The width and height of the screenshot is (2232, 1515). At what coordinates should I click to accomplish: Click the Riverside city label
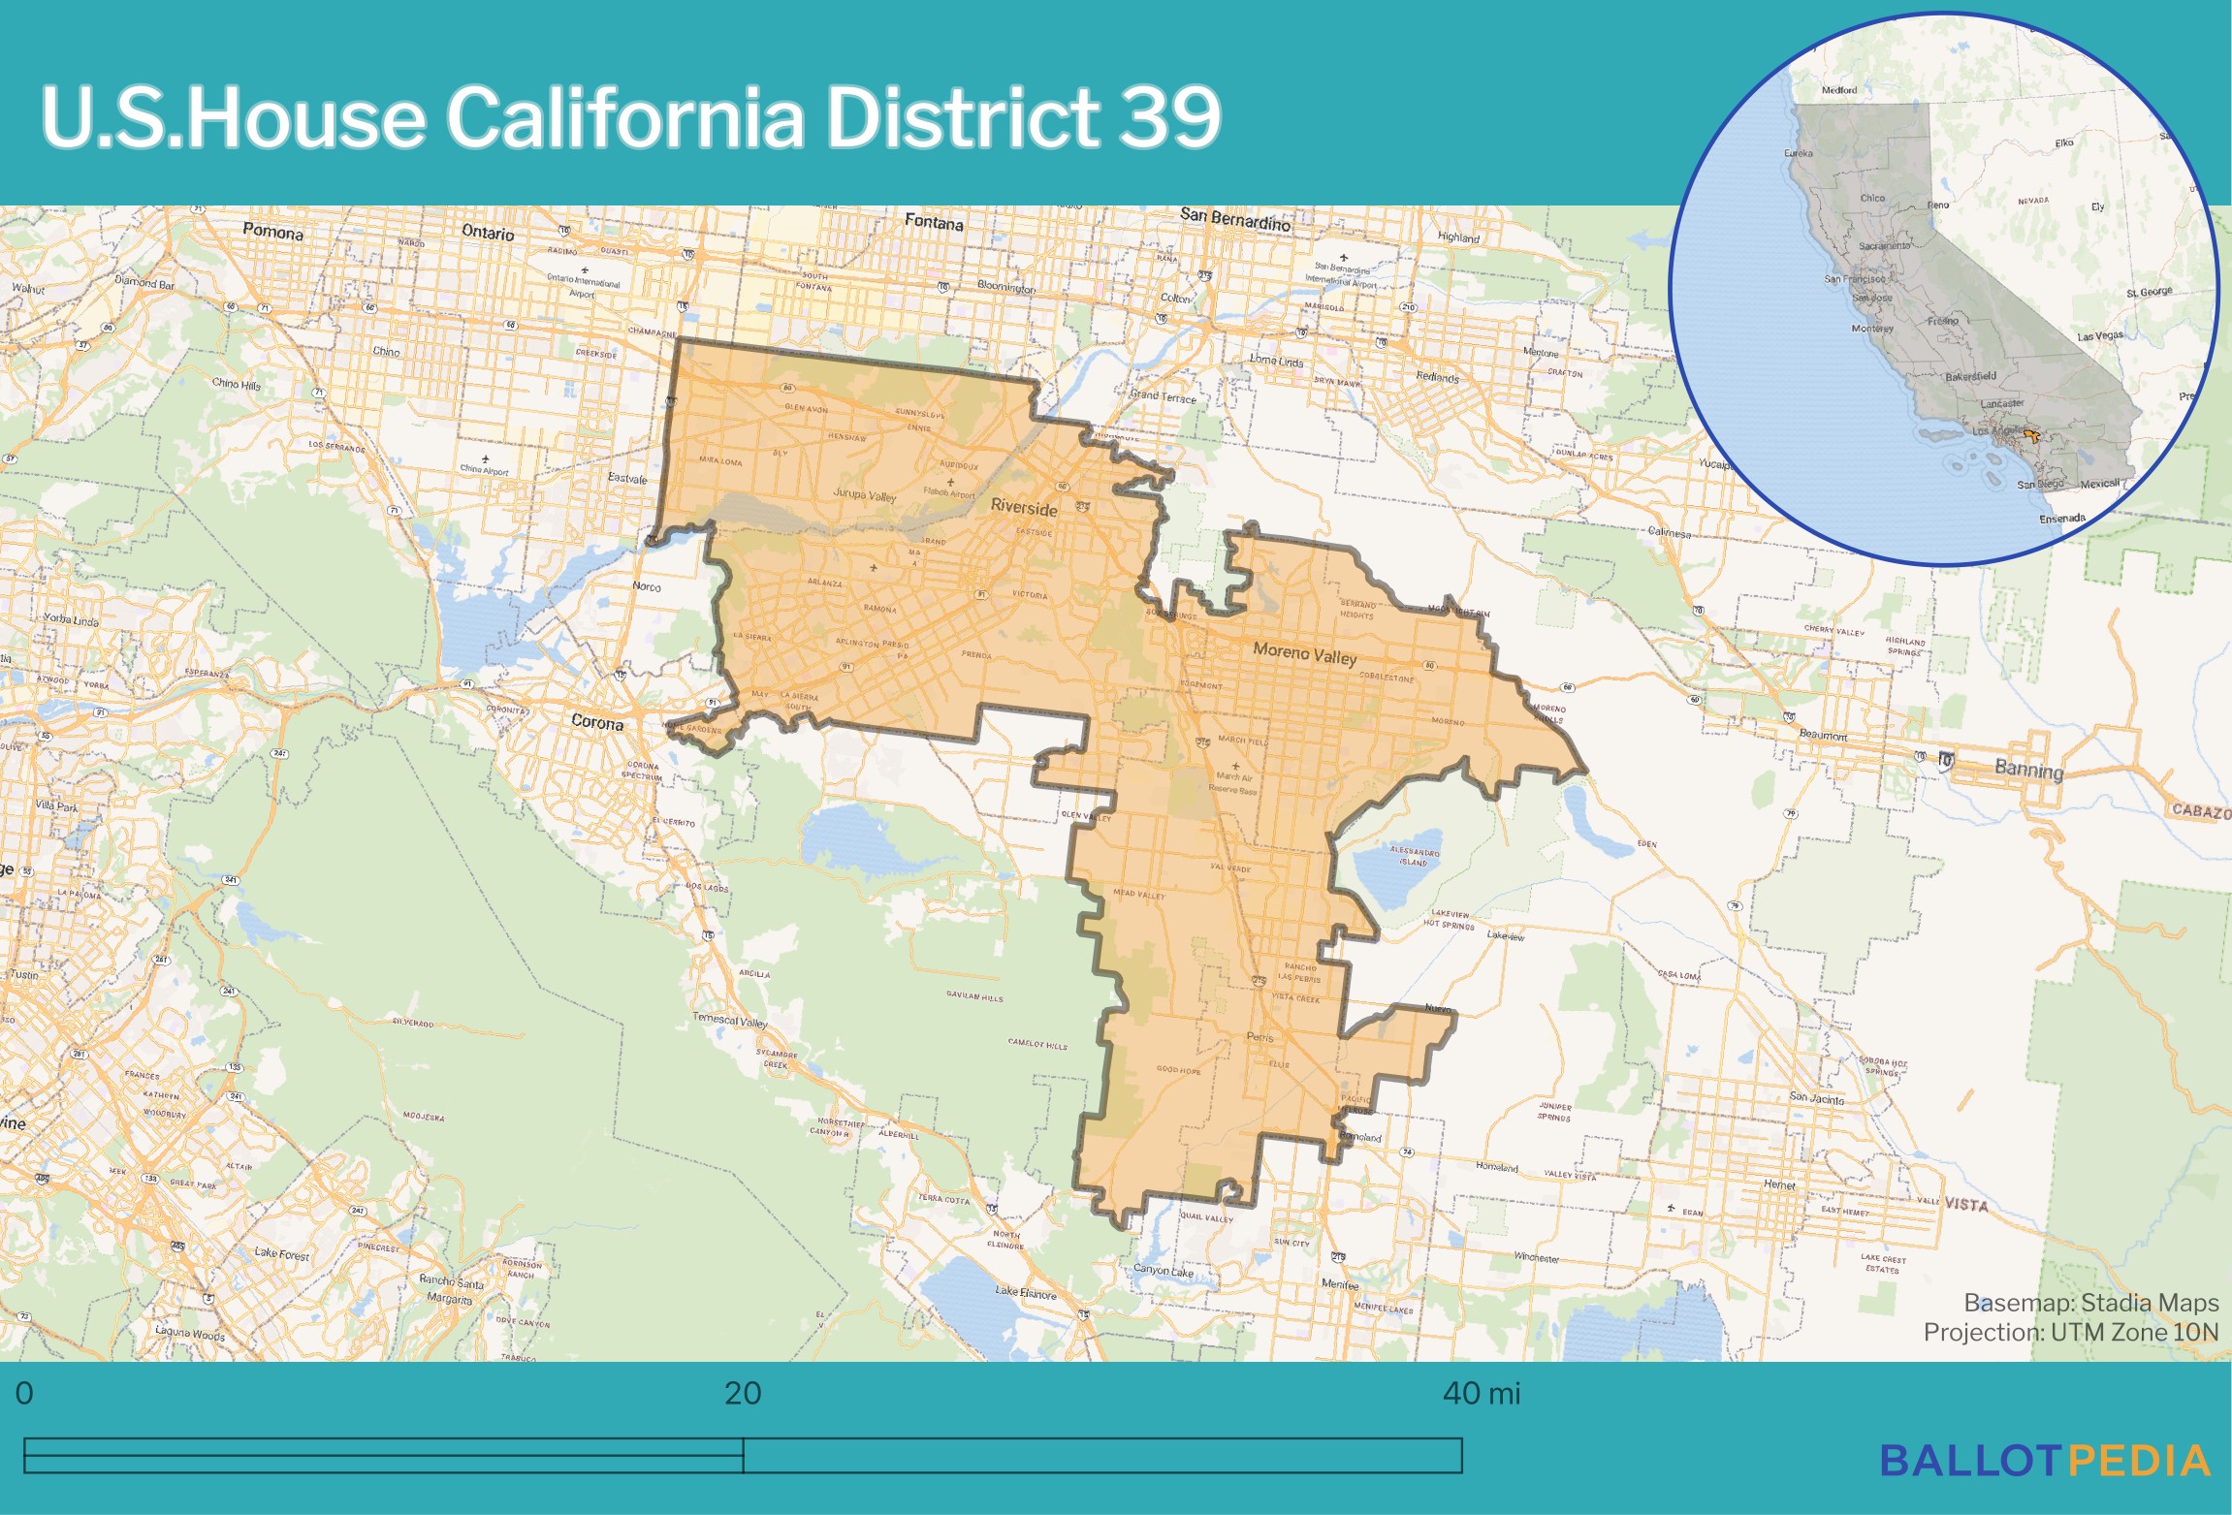point(1024,508)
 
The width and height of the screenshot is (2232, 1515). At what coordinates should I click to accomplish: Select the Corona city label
point(597,722)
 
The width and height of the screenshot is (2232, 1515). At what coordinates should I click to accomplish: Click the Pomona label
point(272,232)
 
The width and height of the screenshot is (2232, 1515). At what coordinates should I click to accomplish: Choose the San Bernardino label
point(1235,220)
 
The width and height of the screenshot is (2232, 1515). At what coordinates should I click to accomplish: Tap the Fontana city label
point(934,222)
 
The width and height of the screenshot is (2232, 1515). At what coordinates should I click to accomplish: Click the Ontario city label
point(488,233)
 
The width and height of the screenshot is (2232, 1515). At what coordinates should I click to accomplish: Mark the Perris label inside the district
point(1259,1037)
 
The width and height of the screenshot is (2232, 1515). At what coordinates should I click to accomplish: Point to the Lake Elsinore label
point(1026,1292)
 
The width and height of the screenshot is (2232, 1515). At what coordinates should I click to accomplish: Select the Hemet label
point(1779,1184)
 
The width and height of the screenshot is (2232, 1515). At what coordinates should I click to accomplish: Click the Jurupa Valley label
point(864,495)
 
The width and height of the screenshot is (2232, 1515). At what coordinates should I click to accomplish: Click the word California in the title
point(624,116)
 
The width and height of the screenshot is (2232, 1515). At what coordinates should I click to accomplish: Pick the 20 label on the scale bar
point(743,1394)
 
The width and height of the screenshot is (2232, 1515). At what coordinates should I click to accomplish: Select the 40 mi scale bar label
point(1481,1394)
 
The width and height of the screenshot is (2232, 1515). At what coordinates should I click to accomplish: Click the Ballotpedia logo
point(2045,1461)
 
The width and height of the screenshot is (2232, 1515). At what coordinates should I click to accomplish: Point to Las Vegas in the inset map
point(2099,336)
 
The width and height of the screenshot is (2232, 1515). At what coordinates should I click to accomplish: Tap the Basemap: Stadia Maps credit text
point(2090,1303)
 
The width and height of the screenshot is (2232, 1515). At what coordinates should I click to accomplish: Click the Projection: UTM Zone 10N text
point(2070,1332)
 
